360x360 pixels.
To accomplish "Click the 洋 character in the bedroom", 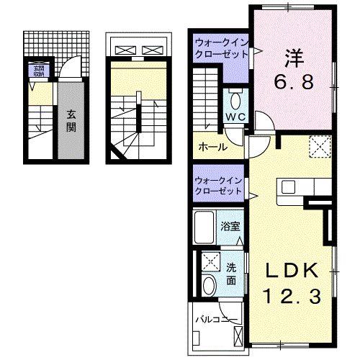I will click(291, 55).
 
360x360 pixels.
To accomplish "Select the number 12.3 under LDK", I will click(292, 294).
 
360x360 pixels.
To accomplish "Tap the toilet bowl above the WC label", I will click(235, 99).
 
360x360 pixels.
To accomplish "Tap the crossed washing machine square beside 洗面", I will click(211, 262).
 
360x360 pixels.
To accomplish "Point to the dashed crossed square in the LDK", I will click(318, 147).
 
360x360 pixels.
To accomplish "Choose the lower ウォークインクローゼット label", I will click(219, 186).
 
